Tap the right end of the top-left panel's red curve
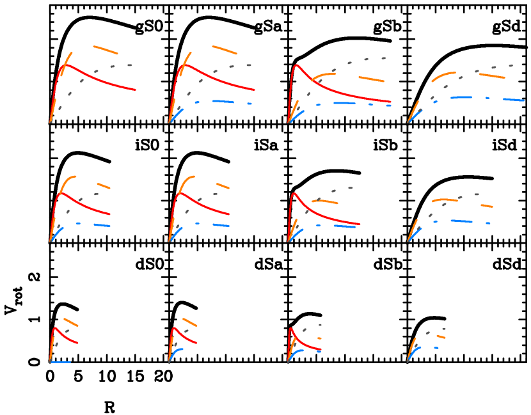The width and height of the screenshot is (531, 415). [136, 90]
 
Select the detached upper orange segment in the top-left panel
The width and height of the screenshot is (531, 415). [106, 50]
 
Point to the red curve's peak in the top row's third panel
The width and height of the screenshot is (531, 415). [296, 65]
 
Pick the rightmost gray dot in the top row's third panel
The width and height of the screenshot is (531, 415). [383, 58]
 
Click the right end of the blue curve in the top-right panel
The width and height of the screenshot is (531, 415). [523, 100]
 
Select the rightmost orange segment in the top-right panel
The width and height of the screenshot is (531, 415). [492, 76]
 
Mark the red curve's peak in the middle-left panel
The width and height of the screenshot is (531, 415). [62, 193]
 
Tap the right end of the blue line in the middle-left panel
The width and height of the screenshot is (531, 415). [110, 226]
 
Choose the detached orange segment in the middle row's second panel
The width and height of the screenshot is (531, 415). [223, 186]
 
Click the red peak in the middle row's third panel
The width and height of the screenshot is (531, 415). [294, 193]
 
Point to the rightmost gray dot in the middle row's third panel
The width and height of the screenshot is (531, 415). [351, 188]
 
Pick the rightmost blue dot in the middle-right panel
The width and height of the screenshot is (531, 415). [488, 223]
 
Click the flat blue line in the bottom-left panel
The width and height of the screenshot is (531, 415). [60, 363]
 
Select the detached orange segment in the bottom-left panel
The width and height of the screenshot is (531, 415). [71, 322]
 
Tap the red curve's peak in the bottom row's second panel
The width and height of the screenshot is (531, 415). [175, 328]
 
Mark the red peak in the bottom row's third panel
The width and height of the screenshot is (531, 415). [291, 329]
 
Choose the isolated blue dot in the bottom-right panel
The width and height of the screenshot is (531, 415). [436, 348]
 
